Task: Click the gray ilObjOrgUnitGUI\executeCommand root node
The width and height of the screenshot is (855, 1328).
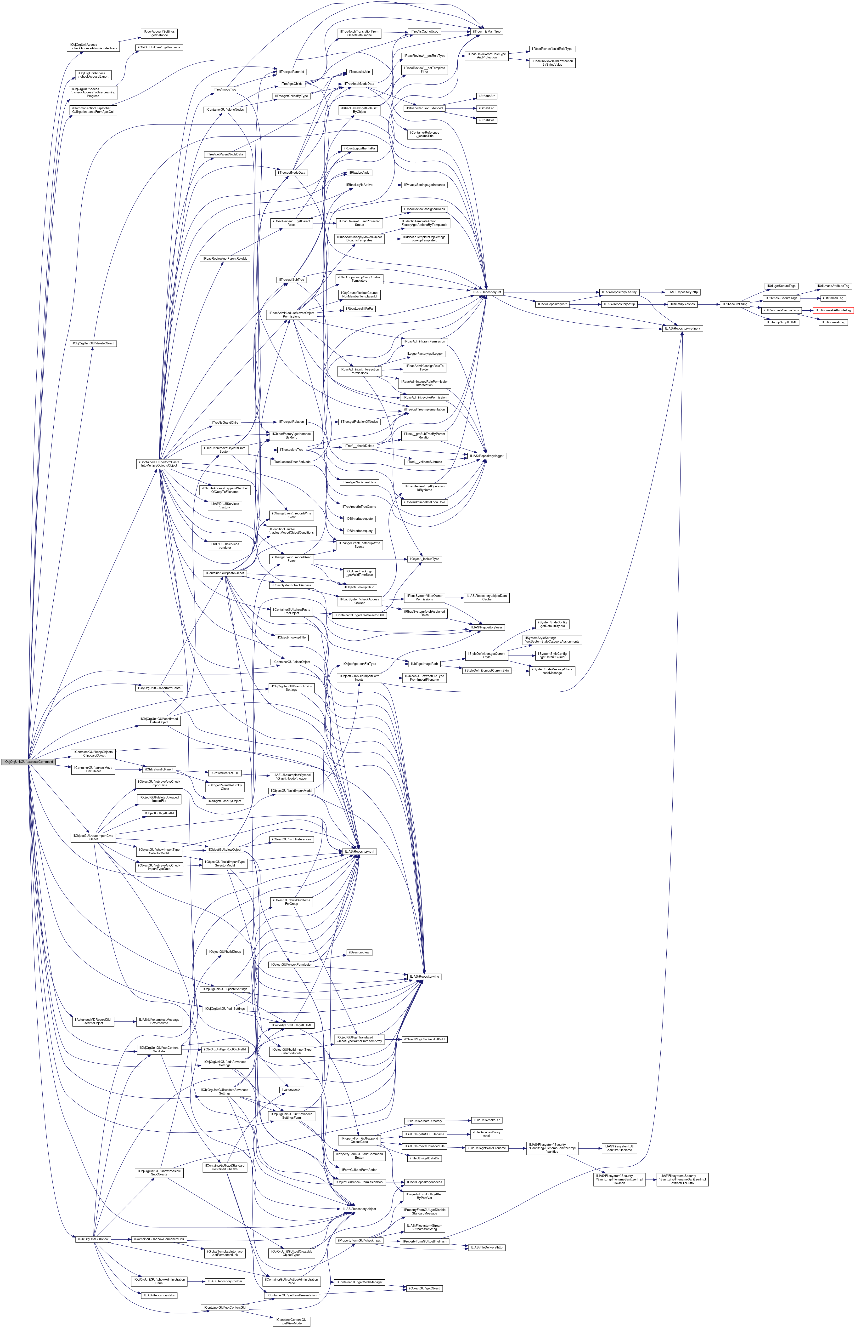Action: [x=28, y=762]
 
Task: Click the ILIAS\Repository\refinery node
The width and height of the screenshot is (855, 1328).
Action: [x=682, y=329]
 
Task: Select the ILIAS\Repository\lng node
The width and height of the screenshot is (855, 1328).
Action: [x=425, y=976]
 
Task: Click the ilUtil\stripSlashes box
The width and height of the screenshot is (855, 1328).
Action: [x=682, y=304]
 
